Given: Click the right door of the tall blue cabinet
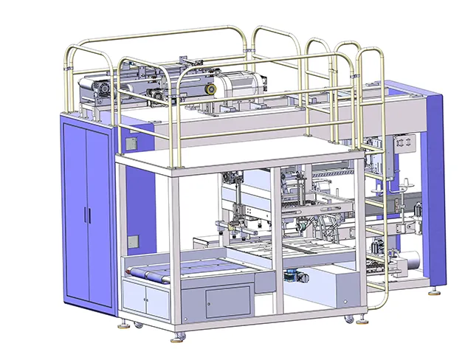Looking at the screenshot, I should tap(97, 214).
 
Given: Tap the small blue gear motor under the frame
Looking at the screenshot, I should tap(291, 276).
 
